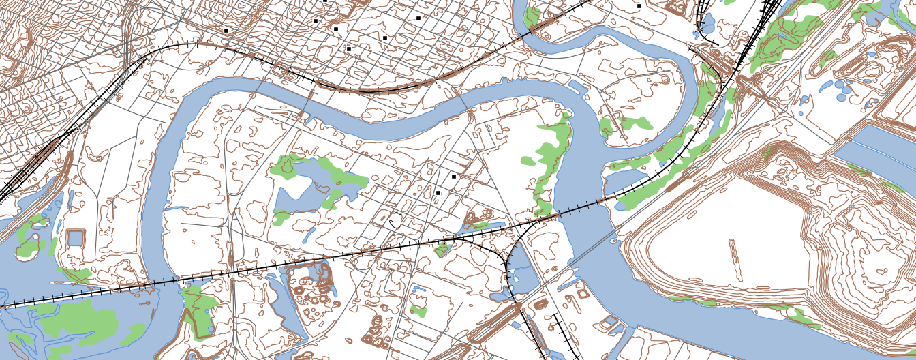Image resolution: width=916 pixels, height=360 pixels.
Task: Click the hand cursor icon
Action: pyautogui.click(x=396, y=220)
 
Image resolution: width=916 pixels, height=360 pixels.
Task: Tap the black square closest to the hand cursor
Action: pyautogui.click(x=438, y=193)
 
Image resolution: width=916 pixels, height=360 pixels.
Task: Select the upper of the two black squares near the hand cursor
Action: pyautogui.click(x=453, y=177)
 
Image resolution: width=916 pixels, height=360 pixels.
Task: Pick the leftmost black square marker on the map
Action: pyautogui.click(x=226, y=30)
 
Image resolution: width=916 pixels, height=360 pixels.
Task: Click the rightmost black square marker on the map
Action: pyautogui.click(x=639, y=6)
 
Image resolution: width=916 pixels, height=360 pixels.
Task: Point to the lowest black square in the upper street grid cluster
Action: pyautogui.click(x=348, y=49)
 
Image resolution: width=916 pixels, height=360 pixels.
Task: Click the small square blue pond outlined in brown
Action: pyautogui.click(x=76, y=239)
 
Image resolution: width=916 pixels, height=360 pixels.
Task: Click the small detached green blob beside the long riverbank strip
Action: pyautogui.click(x=528, y=162)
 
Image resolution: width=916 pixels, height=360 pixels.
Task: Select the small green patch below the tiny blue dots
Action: pyautogui.click(x=418, y=311)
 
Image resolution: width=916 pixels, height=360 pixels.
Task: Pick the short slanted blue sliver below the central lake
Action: pyautogui.click(x=309, y=235)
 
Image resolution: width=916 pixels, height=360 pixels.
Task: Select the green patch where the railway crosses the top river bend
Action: pyautogui.click(x=533, y=16)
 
